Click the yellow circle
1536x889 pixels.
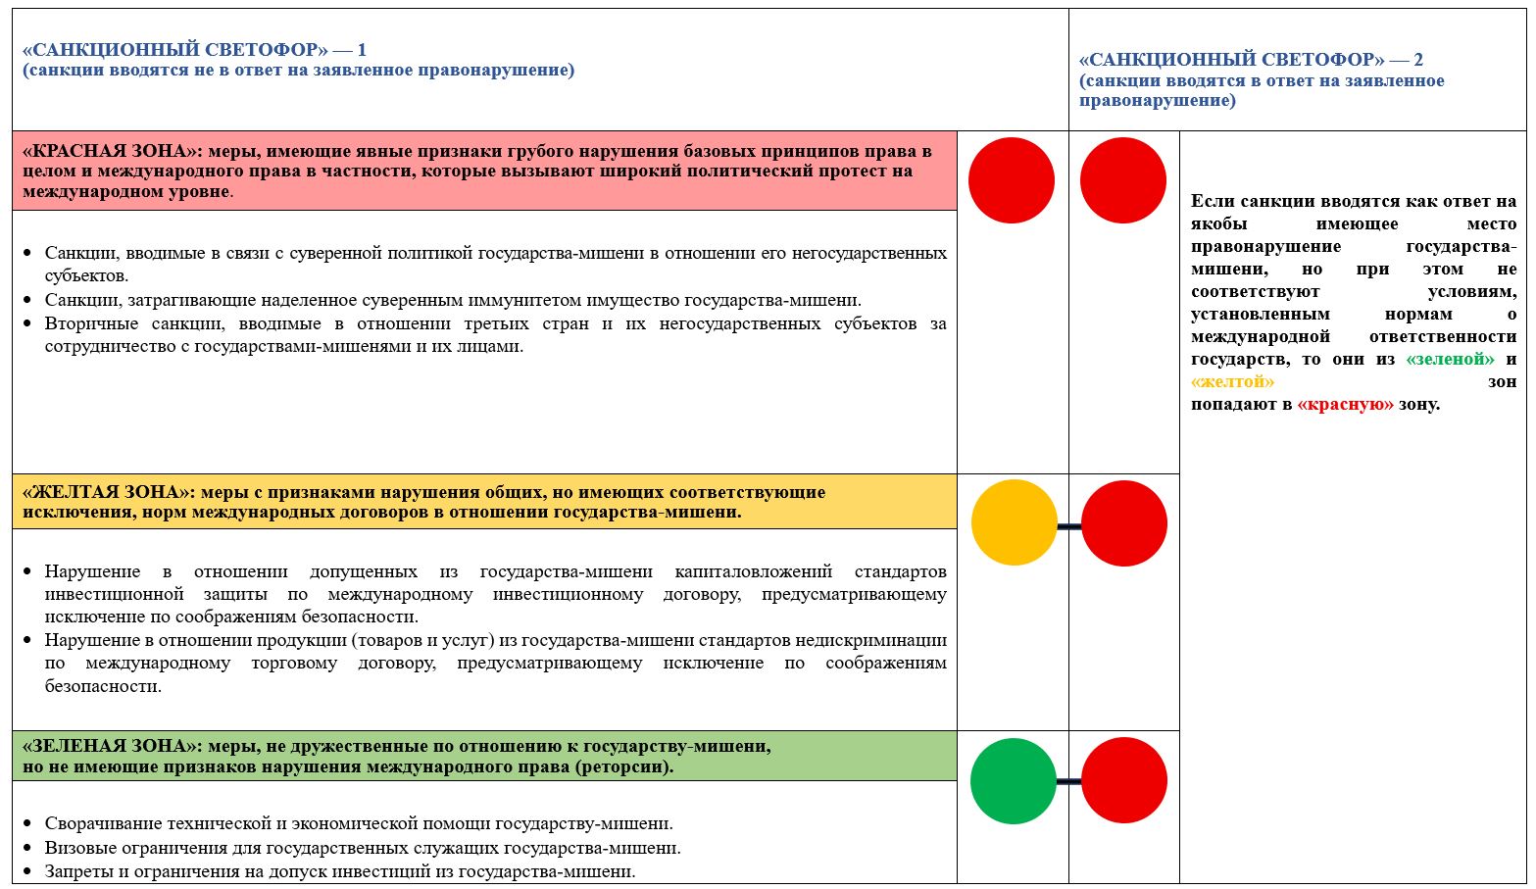pyautogui.click(x=1014, y=523)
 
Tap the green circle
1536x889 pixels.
pyautogui.click(x=1013, y=781)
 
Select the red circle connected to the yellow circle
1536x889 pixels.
pyautogui.click(x=1123, y=523)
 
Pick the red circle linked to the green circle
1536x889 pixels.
pyautogui.click(x=1123, y=781)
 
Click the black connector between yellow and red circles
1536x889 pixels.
pyautogui.click(x=1068, y=526)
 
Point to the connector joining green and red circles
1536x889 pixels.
pyautogui.click(x=1068, y=781)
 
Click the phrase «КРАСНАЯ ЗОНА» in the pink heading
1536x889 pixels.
pyautogui.click(x=108, y=151)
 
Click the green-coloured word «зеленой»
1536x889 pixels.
pyautogui.click(x=1450, y=359)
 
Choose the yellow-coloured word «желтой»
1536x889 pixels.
pyautogui.click(x=1232, y=381)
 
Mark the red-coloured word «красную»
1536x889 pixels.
pyautogui.click(x=1345, y=404)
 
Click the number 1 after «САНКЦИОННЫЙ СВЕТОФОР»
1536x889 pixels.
pyautogui.click(x=362, y=50)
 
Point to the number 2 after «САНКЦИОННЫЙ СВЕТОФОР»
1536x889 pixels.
pyautogui.click(x=1418, y=60)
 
